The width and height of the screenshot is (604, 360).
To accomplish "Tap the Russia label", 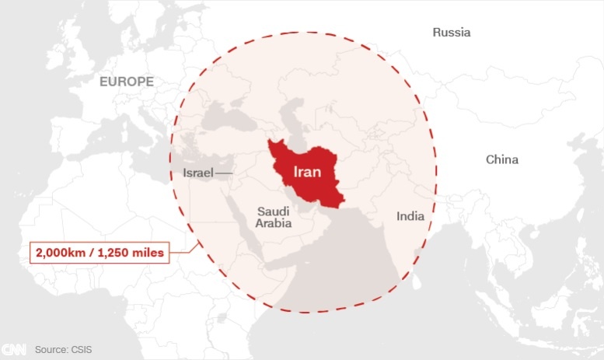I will tap(452, 33).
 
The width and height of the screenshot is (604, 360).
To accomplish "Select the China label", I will tap(501, 159).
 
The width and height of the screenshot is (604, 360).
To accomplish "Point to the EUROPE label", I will tap(127, 81).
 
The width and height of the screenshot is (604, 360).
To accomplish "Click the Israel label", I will tap(197, 172).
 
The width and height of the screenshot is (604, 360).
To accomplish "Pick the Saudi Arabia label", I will tap(274, 217).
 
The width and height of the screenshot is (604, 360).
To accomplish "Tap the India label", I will tap(410, 216).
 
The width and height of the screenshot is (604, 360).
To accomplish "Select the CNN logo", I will tap(13, 350).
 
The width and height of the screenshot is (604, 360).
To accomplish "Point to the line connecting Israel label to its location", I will tap(223, 172).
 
